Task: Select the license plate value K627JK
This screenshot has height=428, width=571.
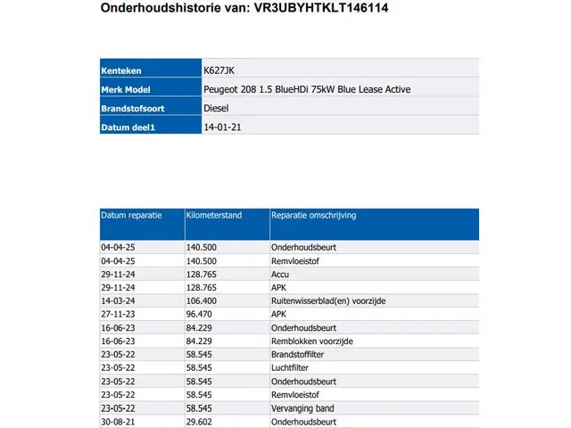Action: pos(219,70)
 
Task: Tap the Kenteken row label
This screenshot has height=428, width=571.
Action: pos(121,70)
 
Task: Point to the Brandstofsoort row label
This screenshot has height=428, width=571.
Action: pos(132,109)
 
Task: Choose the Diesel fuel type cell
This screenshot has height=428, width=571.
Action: pos(218,109)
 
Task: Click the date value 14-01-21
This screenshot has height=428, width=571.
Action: pos(223,128)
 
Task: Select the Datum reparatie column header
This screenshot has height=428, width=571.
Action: pos(131,216)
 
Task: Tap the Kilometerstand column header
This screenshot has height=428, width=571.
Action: pos(215,216)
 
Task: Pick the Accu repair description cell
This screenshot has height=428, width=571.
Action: pos(281,275)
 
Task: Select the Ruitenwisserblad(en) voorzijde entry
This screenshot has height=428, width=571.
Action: pos(328,300)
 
